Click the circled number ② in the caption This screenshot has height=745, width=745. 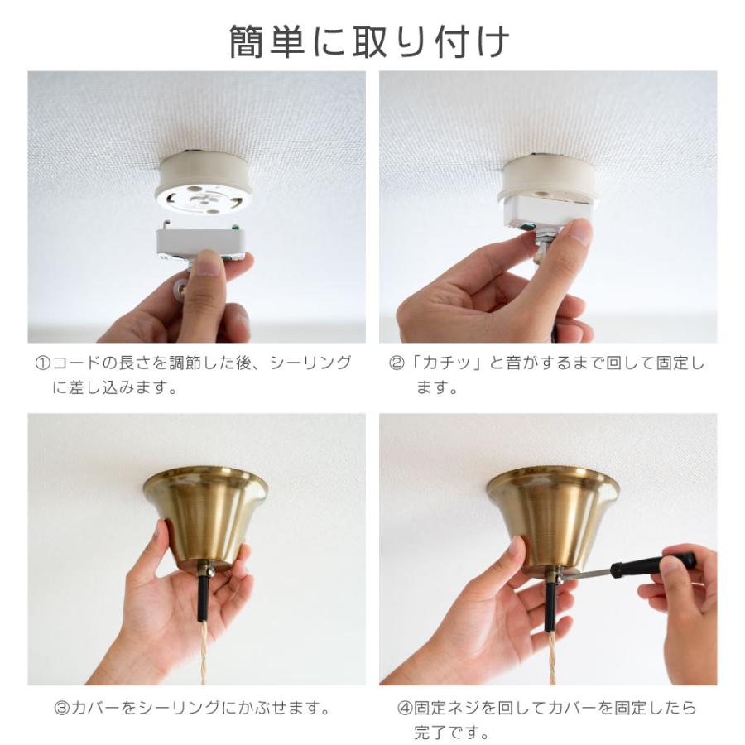click(397, 364)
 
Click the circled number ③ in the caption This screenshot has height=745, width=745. click(61, 709)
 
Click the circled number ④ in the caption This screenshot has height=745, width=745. click(405, 709)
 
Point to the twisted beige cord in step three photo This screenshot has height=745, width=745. click(202, 654)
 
